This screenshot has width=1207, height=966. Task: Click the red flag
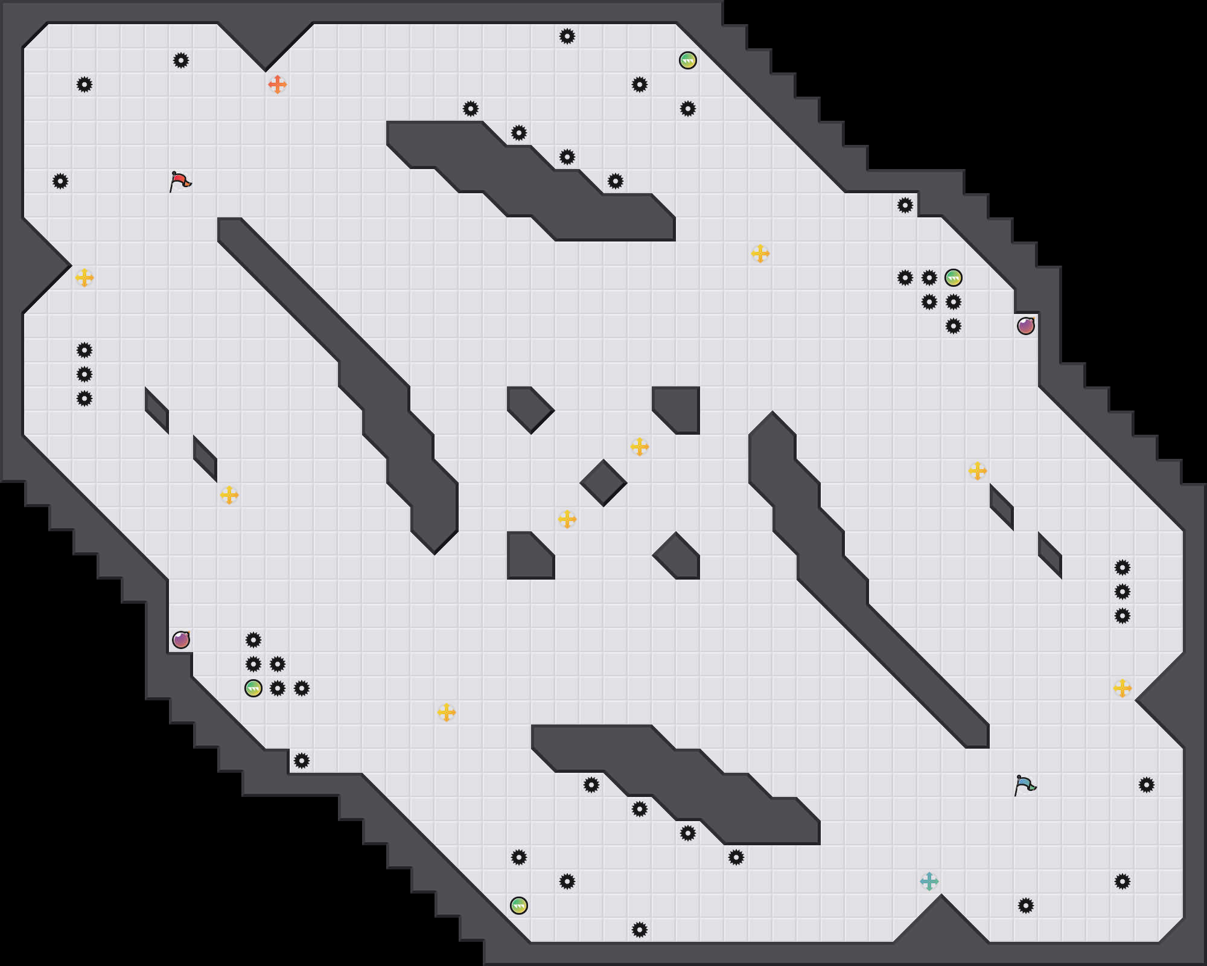click(180, 181)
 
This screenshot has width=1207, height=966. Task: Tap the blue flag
click(1025, 785)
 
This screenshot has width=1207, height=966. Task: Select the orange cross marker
click(278, 85)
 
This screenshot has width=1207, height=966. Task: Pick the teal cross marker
click(929, 881)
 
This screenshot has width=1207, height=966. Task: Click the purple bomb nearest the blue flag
click(1026, 326)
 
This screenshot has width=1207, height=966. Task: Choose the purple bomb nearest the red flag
click(181, 640)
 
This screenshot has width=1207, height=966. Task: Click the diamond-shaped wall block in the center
click(603, 483)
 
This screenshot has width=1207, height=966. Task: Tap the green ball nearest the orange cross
click(688, 60)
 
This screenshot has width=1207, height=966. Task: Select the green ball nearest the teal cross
click(519, 906)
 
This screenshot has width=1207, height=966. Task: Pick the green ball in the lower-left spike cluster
click(253, 688)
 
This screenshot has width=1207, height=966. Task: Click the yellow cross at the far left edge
click(84, 278)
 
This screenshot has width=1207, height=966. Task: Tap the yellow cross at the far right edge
click(1123, 688)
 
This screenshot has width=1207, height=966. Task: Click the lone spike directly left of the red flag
click(60, 181)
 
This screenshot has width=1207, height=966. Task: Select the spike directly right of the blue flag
click(1147, 785)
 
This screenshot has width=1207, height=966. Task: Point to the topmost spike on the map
click(567, 36)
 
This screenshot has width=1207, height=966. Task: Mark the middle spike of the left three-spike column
click(84, 374)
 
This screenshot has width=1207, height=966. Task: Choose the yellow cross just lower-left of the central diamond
click(567, 519)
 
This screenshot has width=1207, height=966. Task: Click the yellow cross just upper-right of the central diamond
click(640, 447)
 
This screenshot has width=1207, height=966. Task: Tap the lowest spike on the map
click(640, 930)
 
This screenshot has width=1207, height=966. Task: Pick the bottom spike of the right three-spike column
click(1123, 616)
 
